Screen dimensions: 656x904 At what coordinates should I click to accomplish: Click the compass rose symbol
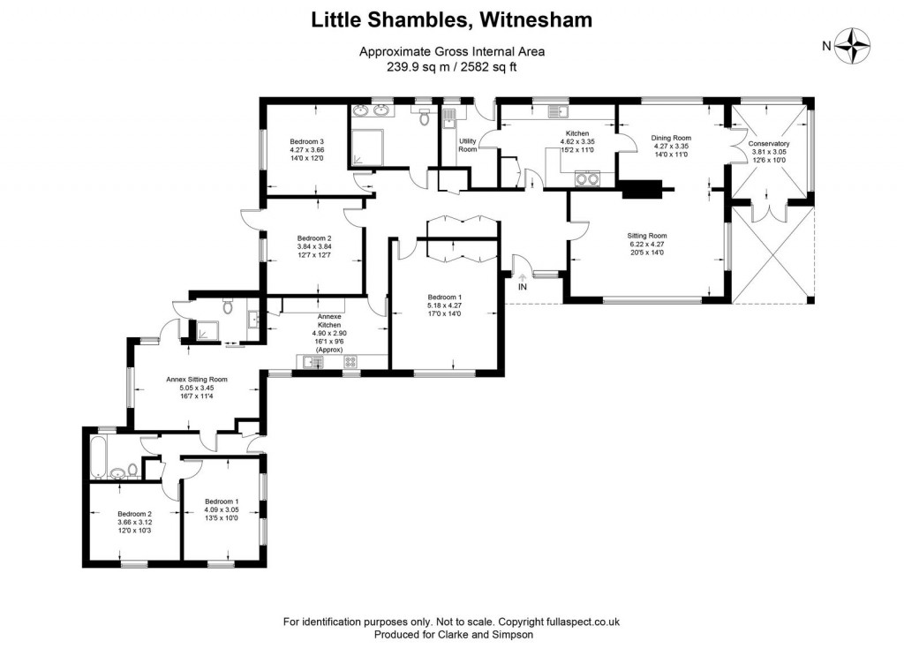[853, 46]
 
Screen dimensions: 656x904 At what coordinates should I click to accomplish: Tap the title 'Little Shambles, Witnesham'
[451, 19]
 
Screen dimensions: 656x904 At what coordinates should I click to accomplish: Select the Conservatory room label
[768, 143]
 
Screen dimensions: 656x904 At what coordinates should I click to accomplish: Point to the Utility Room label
[467, 146]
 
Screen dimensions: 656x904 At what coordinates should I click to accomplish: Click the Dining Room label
[671, 138]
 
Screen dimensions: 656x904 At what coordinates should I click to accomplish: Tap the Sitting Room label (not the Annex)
[646, 236]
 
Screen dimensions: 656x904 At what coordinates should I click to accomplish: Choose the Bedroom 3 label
[307, 141]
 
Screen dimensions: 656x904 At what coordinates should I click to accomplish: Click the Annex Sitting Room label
[196, 380]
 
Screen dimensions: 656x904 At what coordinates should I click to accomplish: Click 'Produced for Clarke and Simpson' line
[454, 634]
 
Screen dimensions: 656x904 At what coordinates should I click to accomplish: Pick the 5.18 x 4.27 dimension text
[445, 305]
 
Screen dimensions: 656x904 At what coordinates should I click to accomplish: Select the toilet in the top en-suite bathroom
[425, 117]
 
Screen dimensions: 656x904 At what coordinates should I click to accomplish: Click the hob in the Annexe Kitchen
[350, 361]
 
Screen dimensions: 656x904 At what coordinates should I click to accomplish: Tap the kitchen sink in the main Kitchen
[557, 111]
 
